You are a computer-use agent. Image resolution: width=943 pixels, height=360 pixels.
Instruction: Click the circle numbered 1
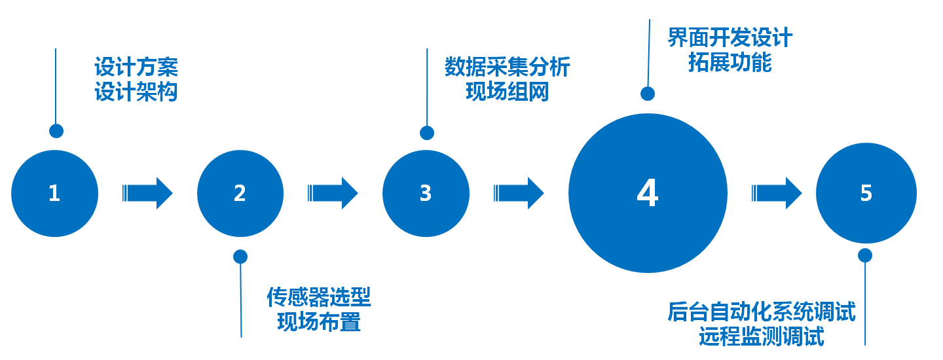tap(55, 193)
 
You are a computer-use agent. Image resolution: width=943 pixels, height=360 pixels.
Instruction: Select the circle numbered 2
tap(240, 193)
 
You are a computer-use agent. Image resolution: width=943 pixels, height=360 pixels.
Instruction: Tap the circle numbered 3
tap(426, 193)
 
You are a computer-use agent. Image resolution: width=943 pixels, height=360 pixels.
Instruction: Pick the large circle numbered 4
tap(648, 193)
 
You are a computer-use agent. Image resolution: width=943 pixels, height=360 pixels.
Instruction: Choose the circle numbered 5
tap(866, 193)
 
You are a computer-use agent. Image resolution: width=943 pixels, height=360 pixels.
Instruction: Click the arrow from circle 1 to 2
tap(148, 193)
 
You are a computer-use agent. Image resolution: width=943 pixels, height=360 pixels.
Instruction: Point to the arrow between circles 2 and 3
tap(333, 193)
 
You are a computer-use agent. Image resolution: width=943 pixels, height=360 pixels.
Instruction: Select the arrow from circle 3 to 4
tap(519, 193)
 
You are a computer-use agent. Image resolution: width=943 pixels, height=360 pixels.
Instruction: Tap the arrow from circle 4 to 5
tap(777, 193)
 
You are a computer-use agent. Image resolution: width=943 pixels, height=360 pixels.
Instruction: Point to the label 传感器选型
tap(319, 298)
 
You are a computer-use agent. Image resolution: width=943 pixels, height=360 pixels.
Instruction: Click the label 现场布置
tap(319, 322)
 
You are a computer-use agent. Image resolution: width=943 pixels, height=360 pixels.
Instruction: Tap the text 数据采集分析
tap(508, 67)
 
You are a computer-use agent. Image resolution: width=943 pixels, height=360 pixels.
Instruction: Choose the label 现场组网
tap(508, 92)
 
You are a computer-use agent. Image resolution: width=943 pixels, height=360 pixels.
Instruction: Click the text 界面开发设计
tap(730, 38)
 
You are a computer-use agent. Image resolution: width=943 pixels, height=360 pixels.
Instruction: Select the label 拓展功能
tap(730, 62)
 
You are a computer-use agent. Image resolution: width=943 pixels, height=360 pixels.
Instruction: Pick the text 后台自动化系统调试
tap(762, 312)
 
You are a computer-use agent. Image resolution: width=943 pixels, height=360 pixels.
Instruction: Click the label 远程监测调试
tap(762, 337)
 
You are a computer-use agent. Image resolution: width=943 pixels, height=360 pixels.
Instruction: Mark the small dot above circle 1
tap(56, 131)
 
